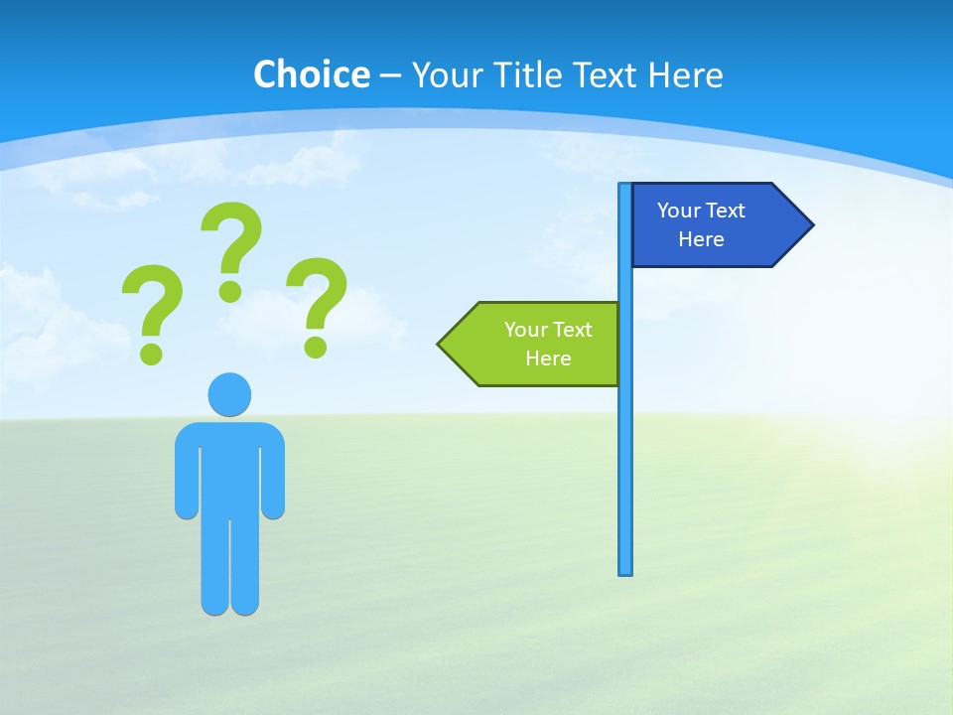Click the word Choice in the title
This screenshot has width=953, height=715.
tap(311, 74)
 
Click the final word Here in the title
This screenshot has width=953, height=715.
tap(686, 74)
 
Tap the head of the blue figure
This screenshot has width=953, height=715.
tap(229, 393)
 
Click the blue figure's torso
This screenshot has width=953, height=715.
tap(229, 467)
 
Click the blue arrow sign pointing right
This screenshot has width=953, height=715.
tap(715, 224)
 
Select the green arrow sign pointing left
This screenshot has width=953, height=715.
tap(536, 344)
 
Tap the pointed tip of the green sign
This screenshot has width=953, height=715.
tap(441, 344)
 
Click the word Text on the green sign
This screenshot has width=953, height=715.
tap(571, 330)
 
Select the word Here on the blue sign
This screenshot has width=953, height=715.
tap(701, 239)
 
